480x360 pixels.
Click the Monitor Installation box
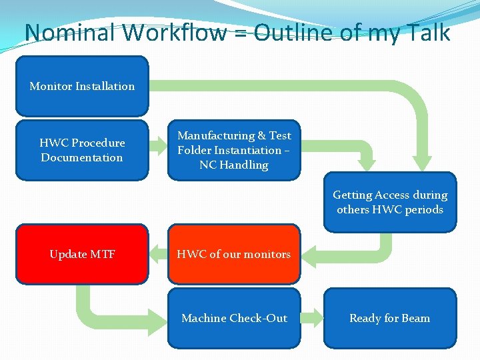coord(81,86)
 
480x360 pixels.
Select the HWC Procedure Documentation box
coord(81,150)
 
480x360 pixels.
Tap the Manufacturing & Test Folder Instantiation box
coord(233,150)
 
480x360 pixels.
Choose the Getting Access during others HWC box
coord(390,202)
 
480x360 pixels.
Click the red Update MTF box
coord(81,254)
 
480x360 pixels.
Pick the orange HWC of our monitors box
coord(233,254)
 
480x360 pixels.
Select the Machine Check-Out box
coord(233,318)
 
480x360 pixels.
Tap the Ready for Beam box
coord(390,318)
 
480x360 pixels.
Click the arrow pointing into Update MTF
coord(157,253)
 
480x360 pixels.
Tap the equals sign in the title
coord(241,33)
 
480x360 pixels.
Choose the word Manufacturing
coord(216,135)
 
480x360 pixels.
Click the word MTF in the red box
coord(103,254)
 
